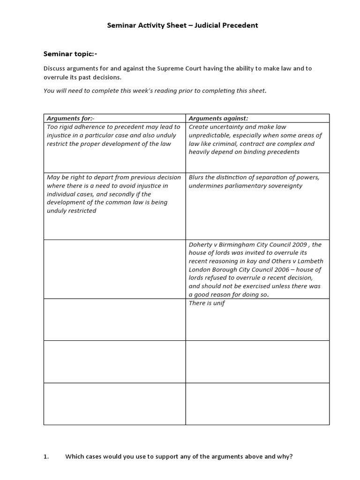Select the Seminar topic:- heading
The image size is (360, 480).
(x=70, y=53)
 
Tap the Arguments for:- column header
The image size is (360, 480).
(x=71, y=118)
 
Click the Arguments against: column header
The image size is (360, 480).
(x=218, y=118)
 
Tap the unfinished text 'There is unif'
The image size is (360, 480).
(x=207, y=303)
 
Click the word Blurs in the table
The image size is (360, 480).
(x=197, y=177)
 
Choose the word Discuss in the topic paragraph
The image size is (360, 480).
(x=55, y=68)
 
